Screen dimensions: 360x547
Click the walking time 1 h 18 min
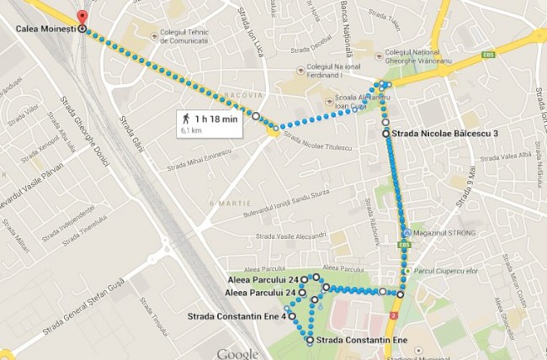click(218, 119)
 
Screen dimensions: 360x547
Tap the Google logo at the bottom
click(236, 353)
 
